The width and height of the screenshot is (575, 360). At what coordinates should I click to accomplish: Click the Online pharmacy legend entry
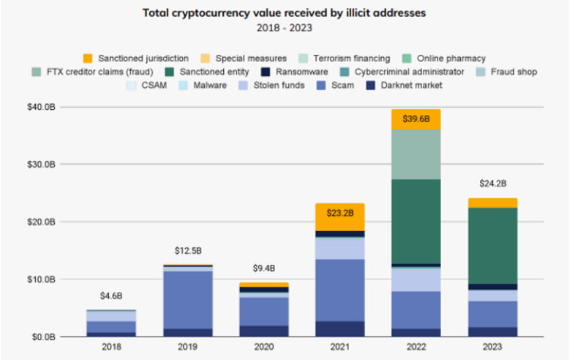point(451,58)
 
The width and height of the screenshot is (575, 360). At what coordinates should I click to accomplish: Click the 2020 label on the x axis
point(263,349)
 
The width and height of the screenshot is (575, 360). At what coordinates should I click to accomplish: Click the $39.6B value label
point(416,119)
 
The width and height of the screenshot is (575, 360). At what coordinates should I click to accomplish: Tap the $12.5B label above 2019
point(188,251)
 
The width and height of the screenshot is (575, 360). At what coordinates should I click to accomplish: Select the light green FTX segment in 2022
point(416,154)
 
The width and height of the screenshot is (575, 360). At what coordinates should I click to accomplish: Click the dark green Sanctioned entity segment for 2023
point(492,245)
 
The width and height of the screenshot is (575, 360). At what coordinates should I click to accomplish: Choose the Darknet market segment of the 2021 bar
point(340,329)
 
